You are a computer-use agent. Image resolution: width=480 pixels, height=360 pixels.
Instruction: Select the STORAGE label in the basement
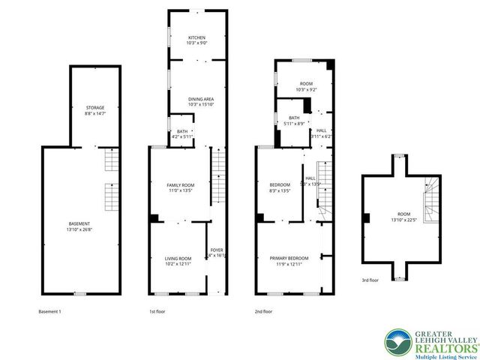coord(94,107)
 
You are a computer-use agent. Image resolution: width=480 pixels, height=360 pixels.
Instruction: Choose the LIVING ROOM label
coord(178,259)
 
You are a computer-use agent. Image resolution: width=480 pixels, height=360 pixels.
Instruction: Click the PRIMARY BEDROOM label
coord(289,259)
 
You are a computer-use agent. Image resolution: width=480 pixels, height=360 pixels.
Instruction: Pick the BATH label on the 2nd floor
coord(294,118)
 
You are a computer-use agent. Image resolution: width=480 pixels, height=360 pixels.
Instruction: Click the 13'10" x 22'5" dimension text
coord(402,220)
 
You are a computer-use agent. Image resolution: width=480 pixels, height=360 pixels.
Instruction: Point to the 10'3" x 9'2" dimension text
coord(306,90)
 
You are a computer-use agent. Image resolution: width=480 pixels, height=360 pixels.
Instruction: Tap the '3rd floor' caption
coord(370,280)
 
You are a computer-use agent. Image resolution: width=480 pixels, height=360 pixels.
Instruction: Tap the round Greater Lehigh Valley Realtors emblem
coord(397,343)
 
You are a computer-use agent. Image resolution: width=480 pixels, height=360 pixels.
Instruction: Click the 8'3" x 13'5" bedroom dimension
coord(279,190)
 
